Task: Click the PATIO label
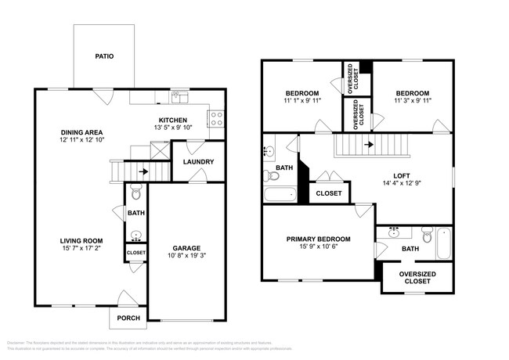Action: pyautogui.click(x=104, y=56)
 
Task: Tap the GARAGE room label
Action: pyautogui.click(x=186, y=247)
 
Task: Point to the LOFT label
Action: pyautogui.click(x=402, y=175)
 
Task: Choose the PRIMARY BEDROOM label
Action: pyautogui.click(x=318, y=239)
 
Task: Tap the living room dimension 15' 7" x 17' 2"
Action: pyautogui.click(x=82, y=250)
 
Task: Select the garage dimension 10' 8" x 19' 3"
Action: pyautogui.click(x=186, y=256)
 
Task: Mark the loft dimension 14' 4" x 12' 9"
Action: pyautogui.click(x=402, y=185)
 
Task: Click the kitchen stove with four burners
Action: pyautogui.click(x=216, y=119)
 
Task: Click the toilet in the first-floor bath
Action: pyautogui.click(x=135, y=192)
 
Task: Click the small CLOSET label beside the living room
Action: pyautogui.click(x=135, y=253)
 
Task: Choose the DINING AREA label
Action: pyautogui.click(x=83, y=131)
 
